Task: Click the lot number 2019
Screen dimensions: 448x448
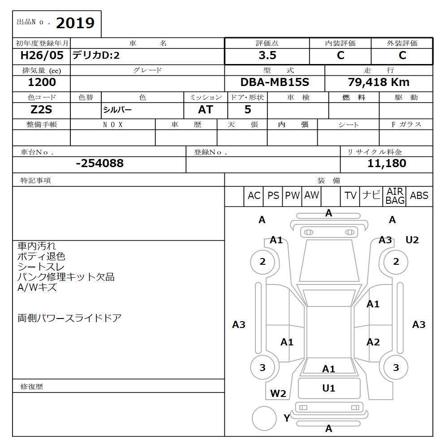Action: pyautogui.click(x=75, y=23)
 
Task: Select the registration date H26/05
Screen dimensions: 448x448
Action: pyautogui.click(x=42, y=56)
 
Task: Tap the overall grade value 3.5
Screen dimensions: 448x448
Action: pyautogui.click(x=267, y=56)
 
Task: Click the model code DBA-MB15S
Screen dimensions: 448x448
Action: pyautogui.click(x=275, y=82)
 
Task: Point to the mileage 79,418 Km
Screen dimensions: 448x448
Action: pyautogui.click(x=379, y=82)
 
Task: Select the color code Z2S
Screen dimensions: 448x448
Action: pyautogui.click(x=41, y=110)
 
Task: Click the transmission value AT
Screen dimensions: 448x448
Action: pyautogui.click(x=206, y=110)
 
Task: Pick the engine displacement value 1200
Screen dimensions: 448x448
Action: pyautogui.click(x=42, y=82)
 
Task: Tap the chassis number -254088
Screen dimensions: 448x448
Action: pyautogui.click(x=99, y=164)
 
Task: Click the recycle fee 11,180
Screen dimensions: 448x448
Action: pyautogui.click(x=387, y=164)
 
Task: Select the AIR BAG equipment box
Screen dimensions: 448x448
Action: pyautogui.click(x=395, y=196)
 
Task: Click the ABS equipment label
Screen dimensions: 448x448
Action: pyautogui.click(x=419, y=196)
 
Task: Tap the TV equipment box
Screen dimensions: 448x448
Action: pyautogui.click(x=350, y=196)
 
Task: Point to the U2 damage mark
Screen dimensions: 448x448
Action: pyautogui.click(x=412, y=240)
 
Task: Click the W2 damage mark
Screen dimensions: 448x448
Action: pyautogui.click(x=278, y=394)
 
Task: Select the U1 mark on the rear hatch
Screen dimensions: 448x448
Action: pyautogui.click(x=329, y=388)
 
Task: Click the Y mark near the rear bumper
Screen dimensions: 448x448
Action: pyautogui.click(x=287, y=418)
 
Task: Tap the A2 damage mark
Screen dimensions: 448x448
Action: pyautogui.click(x=373, y=342)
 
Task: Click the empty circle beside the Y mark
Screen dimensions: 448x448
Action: pyautogui.click(x=264, y=418)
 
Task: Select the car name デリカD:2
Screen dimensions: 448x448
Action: pyautogui.click(x=96, y=56)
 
